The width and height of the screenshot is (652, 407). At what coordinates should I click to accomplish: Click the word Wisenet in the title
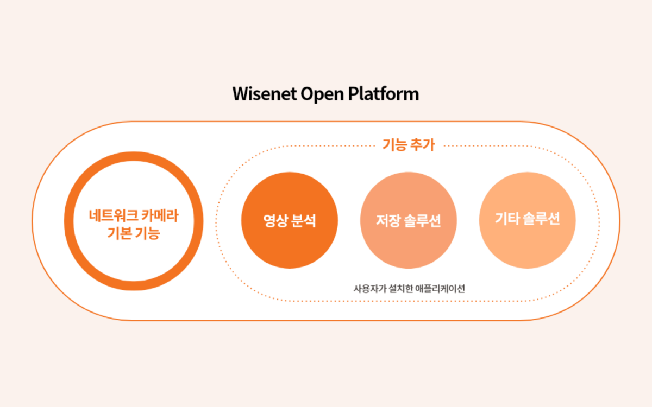point(265,94)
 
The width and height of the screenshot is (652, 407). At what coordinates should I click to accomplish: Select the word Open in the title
point(322,94)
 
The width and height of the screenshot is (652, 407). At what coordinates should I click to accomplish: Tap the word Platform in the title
point(384,93)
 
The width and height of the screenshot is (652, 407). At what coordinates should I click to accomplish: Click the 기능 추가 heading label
point(409,145)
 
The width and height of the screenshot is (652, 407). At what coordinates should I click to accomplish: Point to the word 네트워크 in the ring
point(113,215)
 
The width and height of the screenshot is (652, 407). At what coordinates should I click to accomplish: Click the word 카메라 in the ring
point(160,215)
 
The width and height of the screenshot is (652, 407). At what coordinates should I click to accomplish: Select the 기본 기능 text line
point(134,233)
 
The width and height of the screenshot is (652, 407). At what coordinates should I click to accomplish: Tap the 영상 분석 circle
point(289,220)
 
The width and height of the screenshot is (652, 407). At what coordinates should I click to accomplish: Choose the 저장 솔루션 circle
point(409,220)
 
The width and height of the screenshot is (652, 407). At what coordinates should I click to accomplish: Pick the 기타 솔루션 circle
point(528,220)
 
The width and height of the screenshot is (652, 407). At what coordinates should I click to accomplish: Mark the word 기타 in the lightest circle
point(507,219)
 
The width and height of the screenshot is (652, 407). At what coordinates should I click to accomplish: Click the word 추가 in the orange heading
point(422,145)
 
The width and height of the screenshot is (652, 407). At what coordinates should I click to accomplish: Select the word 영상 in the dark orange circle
point(275,221)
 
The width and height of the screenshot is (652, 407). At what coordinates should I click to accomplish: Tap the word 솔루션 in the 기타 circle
point(541,219)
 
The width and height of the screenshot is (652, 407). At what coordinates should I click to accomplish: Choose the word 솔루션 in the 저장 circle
point(422,221)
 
